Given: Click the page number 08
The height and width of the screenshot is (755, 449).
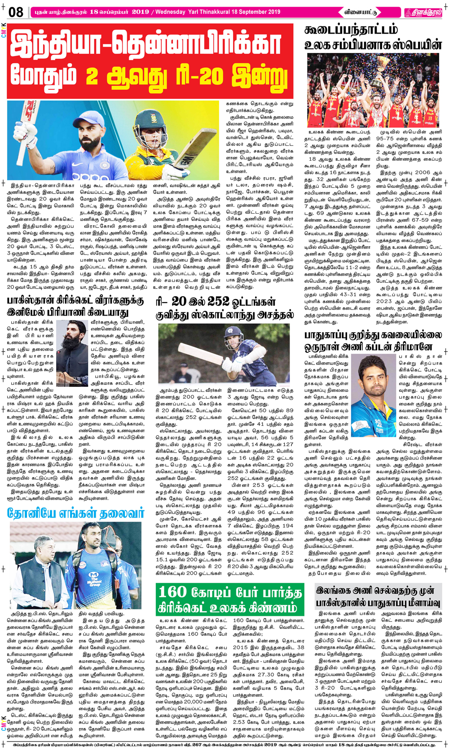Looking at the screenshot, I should pos(16,12).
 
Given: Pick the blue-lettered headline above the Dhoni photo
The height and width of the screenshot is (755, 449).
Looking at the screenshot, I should pos(75,514).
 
